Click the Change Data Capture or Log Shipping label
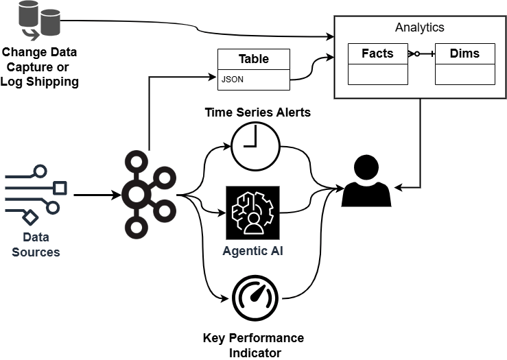point(39,67)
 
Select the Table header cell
point(253,59)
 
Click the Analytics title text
point(419,28)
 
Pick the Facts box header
point(377,53)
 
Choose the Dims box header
point(464,53)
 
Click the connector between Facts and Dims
point(421,53)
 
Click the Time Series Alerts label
point(257,112)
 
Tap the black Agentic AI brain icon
point(253,211)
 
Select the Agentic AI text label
point(252,251)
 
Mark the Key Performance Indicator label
point(253,345)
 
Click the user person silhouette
point(366,182)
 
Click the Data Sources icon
point(36,195)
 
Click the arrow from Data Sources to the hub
point(97,195)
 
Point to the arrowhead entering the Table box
point(213,77)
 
